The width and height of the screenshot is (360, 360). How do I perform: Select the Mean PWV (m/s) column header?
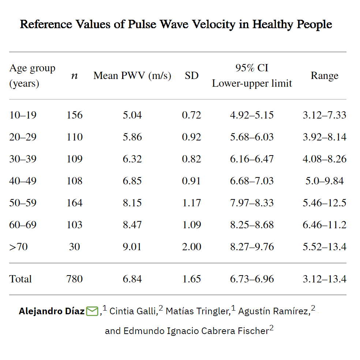132,76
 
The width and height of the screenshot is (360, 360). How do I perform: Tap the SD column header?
191,76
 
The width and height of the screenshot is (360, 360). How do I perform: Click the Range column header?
324,76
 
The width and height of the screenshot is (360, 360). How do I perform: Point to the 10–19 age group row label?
23,115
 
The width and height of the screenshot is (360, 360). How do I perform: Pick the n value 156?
74,115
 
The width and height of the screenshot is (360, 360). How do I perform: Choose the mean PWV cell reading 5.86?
132,137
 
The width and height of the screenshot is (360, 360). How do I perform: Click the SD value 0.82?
191,159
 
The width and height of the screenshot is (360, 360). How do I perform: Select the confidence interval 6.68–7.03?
252,181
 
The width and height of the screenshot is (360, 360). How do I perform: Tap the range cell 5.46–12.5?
324,203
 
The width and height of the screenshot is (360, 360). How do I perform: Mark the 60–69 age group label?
23,225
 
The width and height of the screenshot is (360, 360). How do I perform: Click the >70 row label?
18,247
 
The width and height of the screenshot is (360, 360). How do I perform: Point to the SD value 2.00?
191,247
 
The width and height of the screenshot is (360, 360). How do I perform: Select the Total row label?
20,279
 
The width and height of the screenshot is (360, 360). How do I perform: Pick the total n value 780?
74,279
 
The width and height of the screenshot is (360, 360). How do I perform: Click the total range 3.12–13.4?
324,279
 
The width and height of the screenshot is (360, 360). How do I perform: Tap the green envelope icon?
92,312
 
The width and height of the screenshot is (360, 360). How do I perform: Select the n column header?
74,76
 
